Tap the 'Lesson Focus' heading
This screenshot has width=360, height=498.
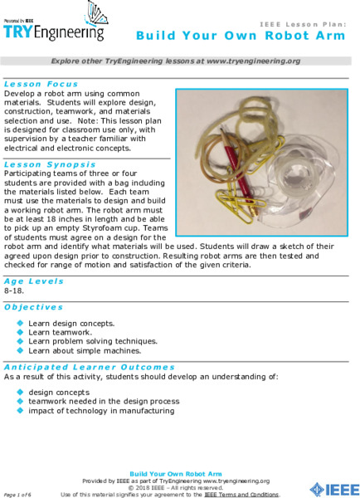point(41,84)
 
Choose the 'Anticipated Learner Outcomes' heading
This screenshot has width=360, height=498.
point(90,366)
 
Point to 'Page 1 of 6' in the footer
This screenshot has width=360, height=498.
point(17,494)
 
